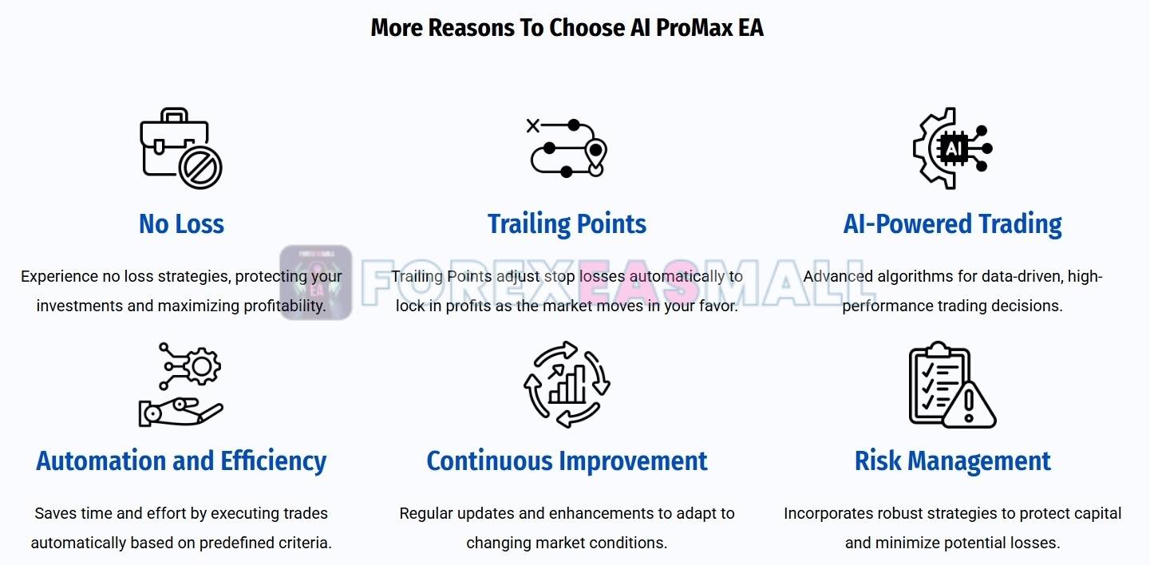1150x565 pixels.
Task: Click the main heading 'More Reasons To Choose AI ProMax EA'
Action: tap(567, 28)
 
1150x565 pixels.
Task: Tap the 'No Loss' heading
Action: tap(181, 223)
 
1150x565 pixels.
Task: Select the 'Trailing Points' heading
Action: tap(567, 224)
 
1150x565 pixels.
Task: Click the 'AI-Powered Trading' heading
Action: tap(952, 224)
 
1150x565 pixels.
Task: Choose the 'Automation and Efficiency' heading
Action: tap(181, 460)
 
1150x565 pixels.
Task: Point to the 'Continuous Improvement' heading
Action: tap(567, 460)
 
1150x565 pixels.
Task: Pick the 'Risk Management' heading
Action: tap(952, 460)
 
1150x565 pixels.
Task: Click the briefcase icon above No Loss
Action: tap(175, 141)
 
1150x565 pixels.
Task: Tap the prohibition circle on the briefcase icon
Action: tap(200, 168)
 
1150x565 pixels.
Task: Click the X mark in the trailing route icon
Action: tap(533, 125)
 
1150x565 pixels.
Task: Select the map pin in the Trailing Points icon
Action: tap(595, 156)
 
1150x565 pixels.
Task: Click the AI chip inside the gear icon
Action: tap(953, 148)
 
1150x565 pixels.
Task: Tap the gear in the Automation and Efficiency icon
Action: tap(202, 366)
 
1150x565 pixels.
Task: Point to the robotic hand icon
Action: tap(180, 412)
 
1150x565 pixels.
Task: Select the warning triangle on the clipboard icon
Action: tap(970, 405)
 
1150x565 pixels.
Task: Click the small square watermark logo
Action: tap(316, 282)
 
